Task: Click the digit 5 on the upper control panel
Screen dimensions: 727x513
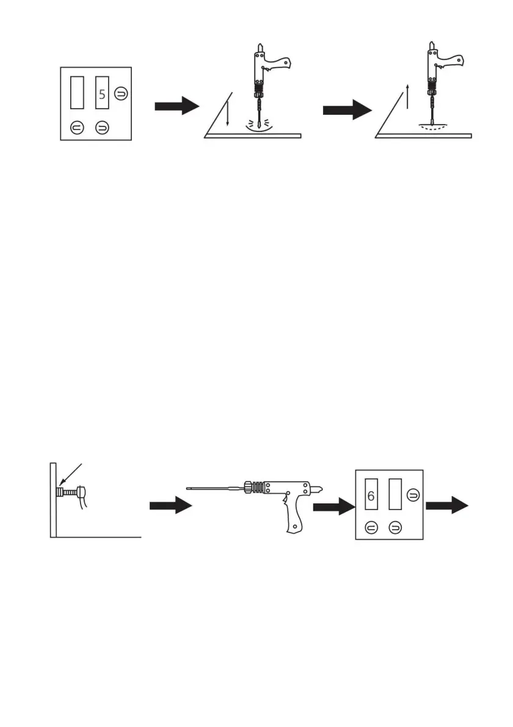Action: pyautogui.click(x=102, y=95)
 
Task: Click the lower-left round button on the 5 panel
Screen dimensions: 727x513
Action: pyautogui.click(x=76, y=127)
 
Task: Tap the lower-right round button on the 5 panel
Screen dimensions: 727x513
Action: pyautogui.click(x=101, y=127)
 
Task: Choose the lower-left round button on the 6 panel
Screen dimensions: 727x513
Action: pyautogui.click(x=370, y=526)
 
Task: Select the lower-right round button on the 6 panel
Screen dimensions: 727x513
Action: pyautogui.click(x=396, y=526)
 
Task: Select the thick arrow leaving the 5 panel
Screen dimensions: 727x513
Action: pyautogui.click(x=177, y=106)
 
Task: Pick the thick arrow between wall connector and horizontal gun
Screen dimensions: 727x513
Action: pyautogui.click(x=170, y=505)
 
